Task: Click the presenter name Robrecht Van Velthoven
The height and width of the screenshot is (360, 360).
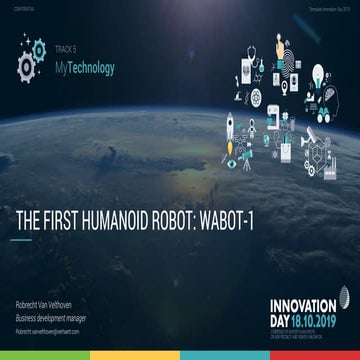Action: (50, 302)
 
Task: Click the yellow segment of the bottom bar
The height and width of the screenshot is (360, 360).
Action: (225, 355)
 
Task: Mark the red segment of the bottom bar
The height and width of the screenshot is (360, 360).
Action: (315, 355)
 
